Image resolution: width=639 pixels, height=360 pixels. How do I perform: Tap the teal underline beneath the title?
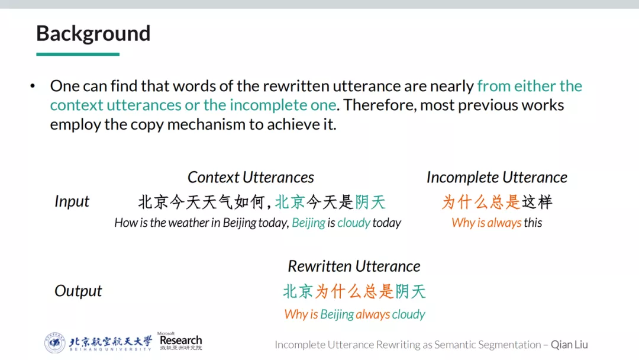78,54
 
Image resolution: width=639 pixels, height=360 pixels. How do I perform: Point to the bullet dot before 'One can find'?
33,86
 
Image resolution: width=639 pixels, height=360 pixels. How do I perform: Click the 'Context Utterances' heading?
251,178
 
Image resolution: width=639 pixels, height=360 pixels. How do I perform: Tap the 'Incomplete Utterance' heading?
497,178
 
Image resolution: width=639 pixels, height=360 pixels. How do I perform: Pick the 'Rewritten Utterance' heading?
354,266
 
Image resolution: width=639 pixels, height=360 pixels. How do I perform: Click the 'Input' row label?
72,202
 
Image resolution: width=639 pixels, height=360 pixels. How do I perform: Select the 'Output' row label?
78,291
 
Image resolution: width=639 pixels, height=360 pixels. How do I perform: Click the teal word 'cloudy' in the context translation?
354,223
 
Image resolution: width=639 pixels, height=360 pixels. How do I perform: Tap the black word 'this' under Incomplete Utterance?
533,223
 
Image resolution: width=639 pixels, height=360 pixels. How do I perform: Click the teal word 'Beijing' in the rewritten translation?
337,314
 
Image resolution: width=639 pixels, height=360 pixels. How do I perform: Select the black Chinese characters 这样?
537,202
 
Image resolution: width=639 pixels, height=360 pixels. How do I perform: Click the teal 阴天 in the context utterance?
370,202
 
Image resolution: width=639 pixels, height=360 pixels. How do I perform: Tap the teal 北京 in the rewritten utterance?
298,291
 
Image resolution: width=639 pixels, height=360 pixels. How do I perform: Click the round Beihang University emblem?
54,342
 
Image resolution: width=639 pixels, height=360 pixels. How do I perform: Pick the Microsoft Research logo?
180,341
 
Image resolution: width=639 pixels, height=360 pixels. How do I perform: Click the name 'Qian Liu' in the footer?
569,345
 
